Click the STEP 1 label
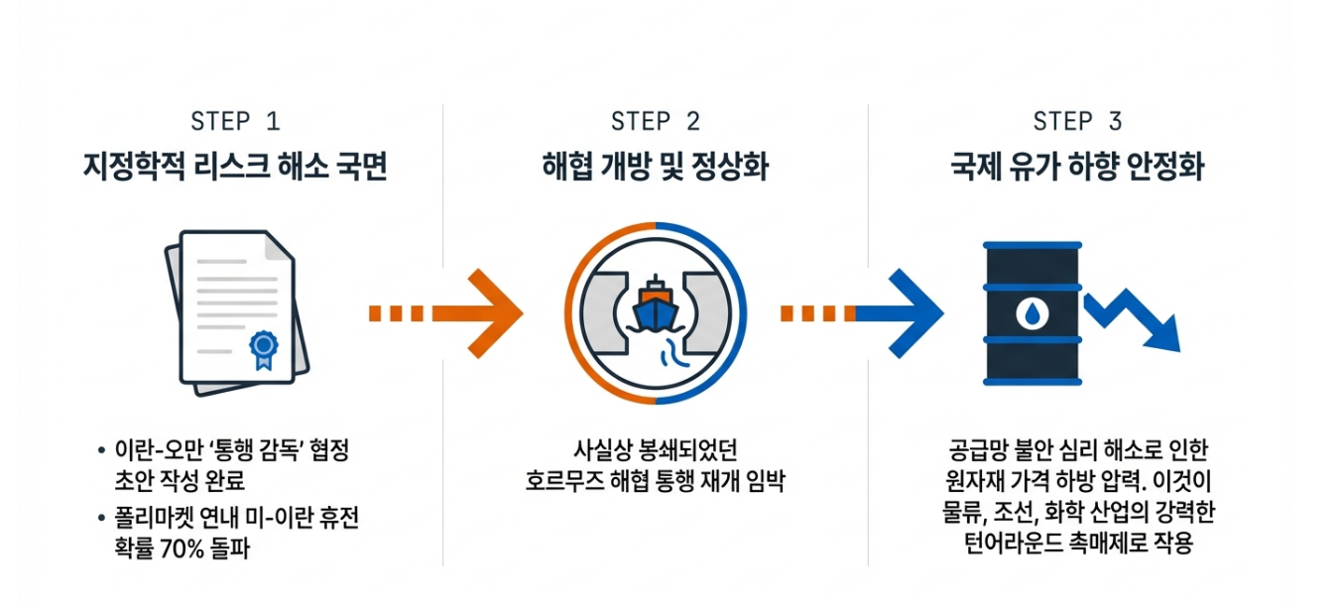tap(235, 121)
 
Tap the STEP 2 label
tap(656, 121)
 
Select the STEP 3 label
tap(1077, 121)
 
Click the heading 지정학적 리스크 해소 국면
tap(235, 167)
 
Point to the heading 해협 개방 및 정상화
tap(656, 167)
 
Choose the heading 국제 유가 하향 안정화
tap(1077, 167)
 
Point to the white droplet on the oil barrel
tap(1032, 313)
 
